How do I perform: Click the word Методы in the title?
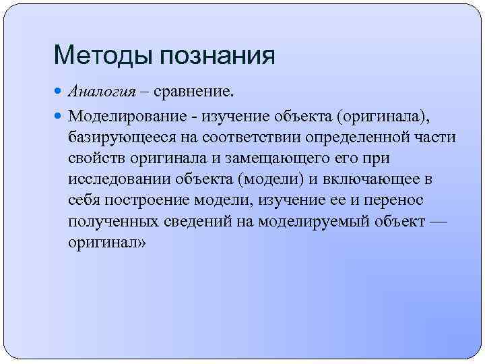click(x=102, y=55)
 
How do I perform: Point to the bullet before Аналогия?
click(x=59, y=92)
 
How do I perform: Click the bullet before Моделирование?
click(x=59, y=116)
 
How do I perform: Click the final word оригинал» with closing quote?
click(x=106, y=242)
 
